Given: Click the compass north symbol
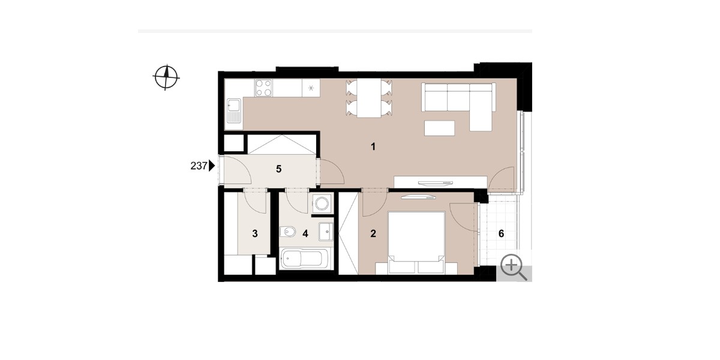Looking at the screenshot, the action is point(166,77).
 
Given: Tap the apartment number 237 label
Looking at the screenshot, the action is point(199,166).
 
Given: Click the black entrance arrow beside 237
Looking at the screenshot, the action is point(212,166).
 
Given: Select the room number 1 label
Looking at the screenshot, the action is point(373,146).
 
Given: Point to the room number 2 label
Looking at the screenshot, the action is point(373,233).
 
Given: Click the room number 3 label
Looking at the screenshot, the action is point(255,233).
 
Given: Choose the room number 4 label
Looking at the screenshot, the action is point(305,233).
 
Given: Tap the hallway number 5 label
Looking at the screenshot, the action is point(278,169).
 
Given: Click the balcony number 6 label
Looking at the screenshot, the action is point(501,233).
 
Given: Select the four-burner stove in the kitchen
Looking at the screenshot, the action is point(263,88).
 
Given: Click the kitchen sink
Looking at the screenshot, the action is point(233,111).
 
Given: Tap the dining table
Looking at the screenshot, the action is point(369,98).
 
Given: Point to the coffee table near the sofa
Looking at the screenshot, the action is point(439,128).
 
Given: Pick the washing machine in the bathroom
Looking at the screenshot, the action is point(322,203).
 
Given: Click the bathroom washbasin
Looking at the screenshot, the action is point(326,231).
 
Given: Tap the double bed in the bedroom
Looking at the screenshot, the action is point(416,242).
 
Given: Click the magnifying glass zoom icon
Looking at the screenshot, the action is point(514,268).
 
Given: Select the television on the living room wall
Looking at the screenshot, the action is point(436,183).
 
